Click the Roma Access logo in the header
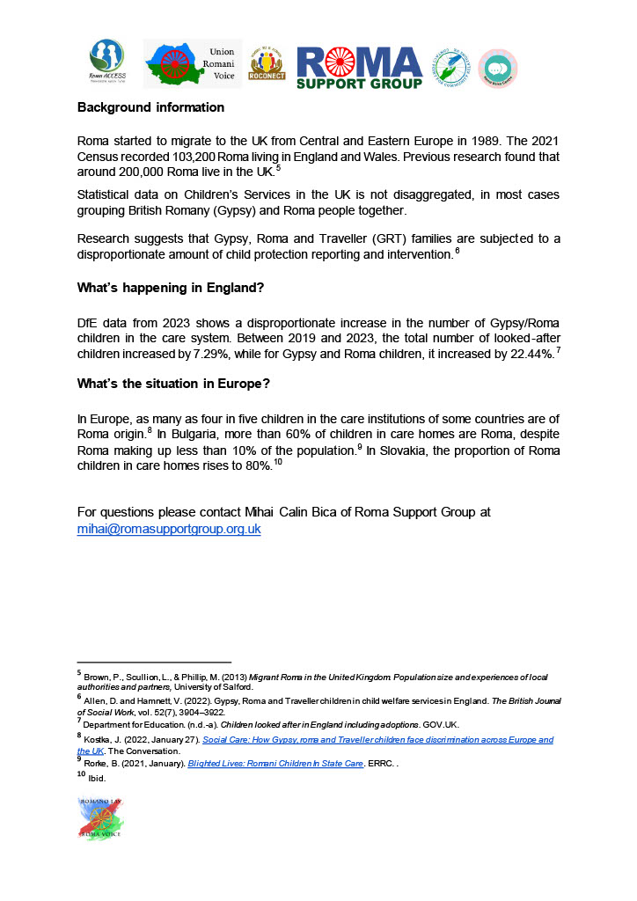[106, 62]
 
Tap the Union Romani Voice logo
[192, 63]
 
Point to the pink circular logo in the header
[497, 69]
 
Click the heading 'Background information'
[150, 107]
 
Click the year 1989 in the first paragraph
[492, 142]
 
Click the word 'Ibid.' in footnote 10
[98, 779]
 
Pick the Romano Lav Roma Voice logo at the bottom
[100, 819]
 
